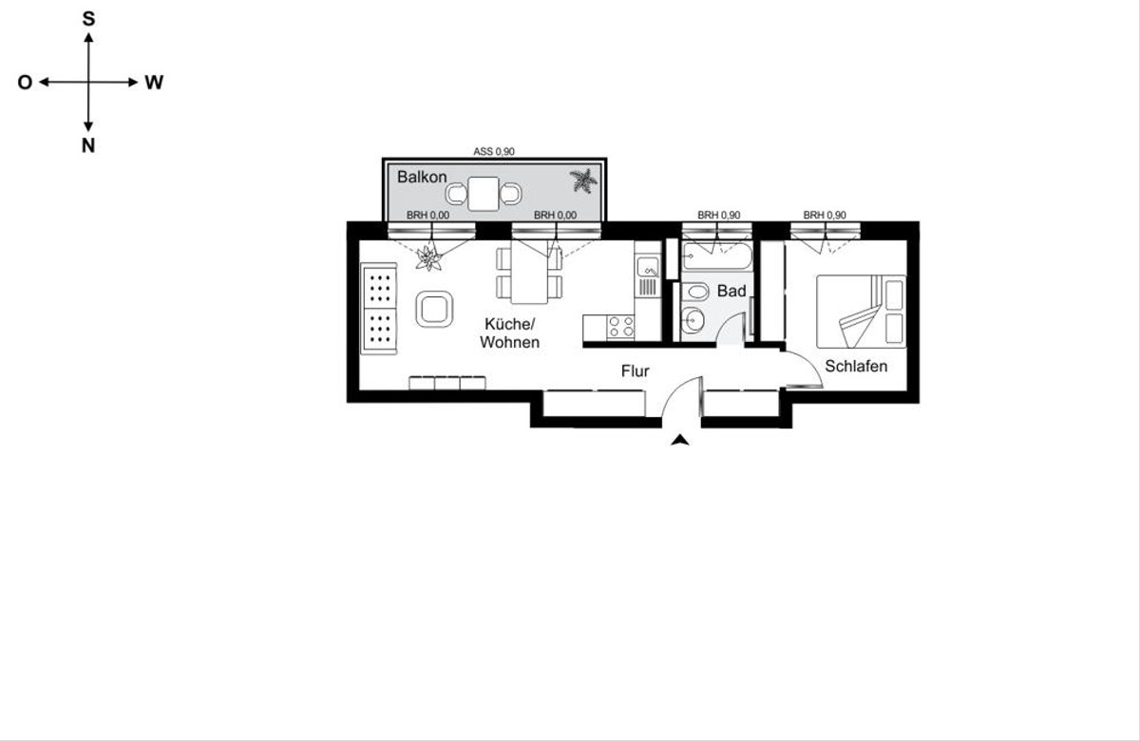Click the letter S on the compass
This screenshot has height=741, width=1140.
(88, 19)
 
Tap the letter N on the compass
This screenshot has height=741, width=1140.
(88, 146)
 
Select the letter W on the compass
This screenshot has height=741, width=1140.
(154, 83)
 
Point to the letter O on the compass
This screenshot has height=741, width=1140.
(25, 83)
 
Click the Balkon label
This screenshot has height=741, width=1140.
(422, 177)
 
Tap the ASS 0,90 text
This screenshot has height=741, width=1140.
(494, 152)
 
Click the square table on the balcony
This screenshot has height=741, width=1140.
(484, 194)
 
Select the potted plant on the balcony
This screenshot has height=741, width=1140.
(583, 180)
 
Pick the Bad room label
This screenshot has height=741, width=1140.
(731, 291)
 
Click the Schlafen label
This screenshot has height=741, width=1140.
(856, 366)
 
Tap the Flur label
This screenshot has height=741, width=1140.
(636, 371)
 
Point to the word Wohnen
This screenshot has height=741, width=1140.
(509, 343)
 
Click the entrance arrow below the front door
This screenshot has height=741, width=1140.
(680, 440)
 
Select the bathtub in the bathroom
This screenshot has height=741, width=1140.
(716, 256)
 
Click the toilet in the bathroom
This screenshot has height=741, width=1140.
(694, 293)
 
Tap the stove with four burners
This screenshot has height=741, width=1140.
(620, 327)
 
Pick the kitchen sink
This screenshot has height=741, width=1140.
(648, 267)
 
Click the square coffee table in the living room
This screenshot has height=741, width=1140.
(434, 309)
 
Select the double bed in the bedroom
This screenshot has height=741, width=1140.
(861, 312)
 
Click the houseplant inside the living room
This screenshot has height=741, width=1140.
(429, 258)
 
